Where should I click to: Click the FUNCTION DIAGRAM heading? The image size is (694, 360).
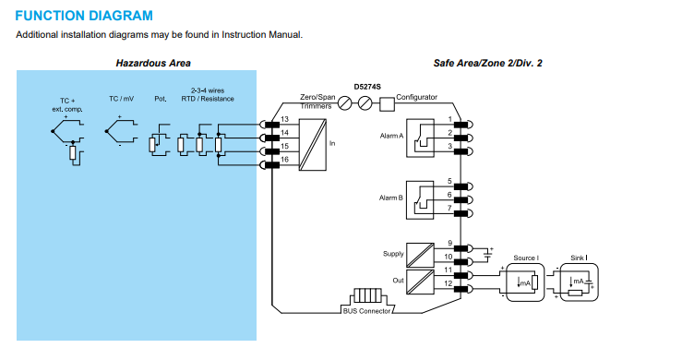pyautogui.click(x=84, y=16)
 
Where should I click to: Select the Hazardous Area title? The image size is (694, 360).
pyautogui.click(x=153, y=64)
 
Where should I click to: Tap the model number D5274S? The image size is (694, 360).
pyautogui.click(x=367, y=87)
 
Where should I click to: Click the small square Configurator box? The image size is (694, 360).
pyautogui.click(x=387, y=104)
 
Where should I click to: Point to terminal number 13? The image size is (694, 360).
pyautogui.click(x=284, y=119)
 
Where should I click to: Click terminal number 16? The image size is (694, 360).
pyautogui.click(x=284, y=160)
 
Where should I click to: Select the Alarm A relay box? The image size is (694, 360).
pyautogui.click(x=420, y=138)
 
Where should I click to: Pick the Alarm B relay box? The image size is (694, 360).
pyautogui.click(x=420, y=199)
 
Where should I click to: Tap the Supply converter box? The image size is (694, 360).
pyautogui.click(x=420, y=255)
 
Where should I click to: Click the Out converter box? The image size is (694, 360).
pyautogui.click(x=420, y=282)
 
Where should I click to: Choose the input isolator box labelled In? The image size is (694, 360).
pyautogui.click(x=313, y=144)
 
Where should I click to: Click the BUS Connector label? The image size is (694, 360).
pyautogui.click(x=366, y=311)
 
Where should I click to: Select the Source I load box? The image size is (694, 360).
pyautogui.click(x=525, y=282)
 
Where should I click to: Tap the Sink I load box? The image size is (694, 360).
pyautogui.click(x=580, y=282)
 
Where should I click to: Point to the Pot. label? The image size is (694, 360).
pyautogui.click(x=161, y=99)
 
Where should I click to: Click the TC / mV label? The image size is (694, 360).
pyautogui.click(x=121, y=99)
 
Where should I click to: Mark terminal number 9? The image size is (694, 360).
pyautogui.click(x=449, y=243)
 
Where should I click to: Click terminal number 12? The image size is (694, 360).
pyautogui.click(x=448, y=283)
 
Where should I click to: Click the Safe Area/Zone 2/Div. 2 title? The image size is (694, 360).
pyautogui.click(x=488, y=64)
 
